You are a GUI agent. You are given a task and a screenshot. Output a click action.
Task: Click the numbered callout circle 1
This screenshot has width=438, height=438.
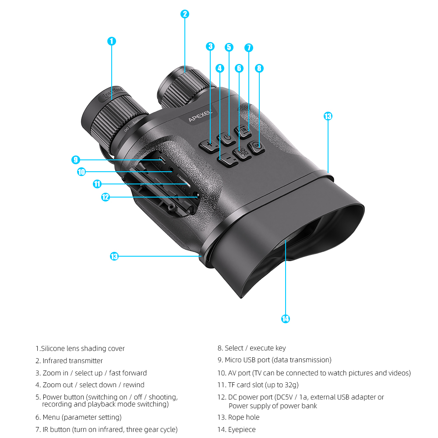pyautogui.click(x=112, y=41)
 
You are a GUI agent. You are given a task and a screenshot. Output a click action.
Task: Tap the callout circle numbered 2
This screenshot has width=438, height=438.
pyautogui.click(x=185, y=14)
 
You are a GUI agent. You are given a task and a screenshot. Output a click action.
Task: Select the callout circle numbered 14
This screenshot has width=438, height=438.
pyautogui.click(x=286, y=319)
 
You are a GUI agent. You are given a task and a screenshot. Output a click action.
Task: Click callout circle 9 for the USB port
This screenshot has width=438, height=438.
pyautogui.click(x=76, y=160)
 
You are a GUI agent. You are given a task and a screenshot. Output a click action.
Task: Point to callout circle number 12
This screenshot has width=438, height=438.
pyautogui.click(x=105, y=197)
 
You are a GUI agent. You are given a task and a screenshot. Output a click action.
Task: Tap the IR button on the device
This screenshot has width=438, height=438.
pyautogui.click(x=244, y=131)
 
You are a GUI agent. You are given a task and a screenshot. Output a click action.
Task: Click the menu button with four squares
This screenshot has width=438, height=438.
pyautogui.click(x=242, y=153)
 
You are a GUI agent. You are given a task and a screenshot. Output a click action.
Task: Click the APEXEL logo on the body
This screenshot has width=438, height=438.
pyautogui.click(x=200, y=116)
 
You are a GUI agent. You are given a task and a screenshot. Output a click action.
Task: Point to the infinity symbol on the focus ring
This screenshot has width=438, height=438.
pyautogui.click(x=126, y=129)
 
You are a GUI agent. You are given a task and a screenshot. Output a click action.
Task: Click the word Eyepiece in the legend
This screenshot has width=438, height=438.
pyautogui.click(x=242, y=429)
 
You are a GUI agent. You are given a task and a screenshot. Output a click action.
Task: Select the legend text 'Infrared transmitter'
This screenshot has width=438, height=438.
pyautogui.click(x=73, y=360)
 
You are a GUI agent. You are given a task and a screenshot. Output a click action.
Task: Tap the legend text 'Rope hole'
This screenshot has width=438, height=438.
pyautogui.click(x=244, y=417)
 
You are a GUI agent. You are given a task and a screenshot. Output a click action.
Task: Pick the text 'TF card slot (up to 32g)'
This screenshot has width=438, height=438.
pyautogui.click(x=263, y=385)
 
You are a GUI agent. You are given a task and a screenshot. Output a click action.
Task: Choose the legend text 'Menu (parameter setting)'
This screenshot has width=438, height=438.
pyautogui.click(x=82, y=417)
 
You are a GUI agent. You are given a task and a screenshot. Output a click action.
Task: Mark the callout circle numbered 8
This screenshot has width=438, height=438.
pyautogui.click(x=259, y=68)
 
